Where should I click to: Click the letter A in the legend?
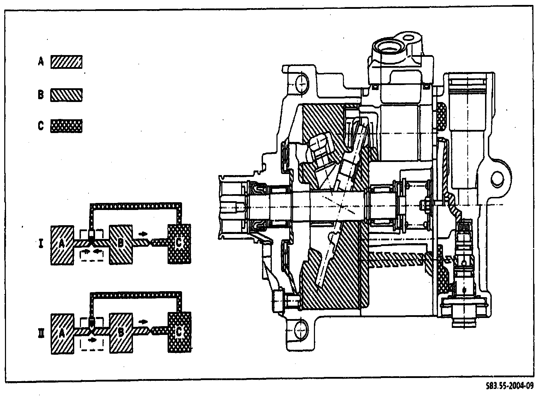[x=41, y=62]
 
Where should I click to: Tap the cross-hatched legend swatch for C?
[x=66, y=126]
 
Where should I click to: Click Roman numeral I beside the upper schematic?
[x=41, y=244]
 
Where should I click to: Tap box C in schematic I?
[x=179, y=244]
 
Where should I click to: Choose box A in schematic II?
[x=63, y=334]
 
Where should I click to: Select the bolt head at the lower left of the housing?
[x=279, y=301]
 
